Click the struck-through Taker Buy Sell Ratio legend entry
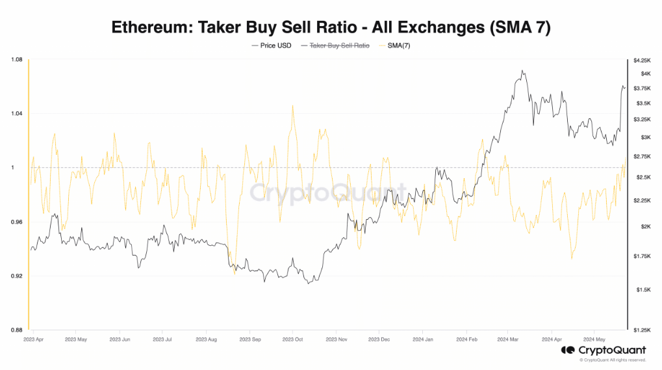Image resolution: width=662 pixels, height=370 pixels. point(339,46)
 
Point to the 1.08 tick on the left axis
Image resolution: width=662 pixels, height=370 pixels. point(17,60)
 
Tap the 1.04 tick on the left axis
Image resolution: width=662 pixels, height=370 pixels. point(17,114)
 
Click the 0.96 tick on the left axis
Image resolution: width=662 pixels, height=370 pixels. point(17,222)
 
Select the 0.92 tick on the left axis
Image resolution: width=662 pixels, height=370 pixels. point(17,276)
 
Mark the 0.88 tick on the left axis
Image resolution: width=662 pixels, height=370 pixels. point(17,330)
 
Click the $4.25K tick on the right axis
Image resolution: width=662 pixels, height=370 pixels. point(641,60)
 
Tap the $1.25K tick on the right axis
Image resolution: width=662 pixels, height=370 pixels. point(641,330)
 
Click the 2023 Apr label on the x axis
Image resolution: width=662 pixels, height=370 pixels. point(34,339)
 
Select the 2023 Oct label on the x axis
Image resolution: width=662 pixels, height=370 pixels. point(294,339)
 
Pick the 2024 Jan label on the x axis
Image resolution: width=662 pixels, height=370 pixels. point(423,339)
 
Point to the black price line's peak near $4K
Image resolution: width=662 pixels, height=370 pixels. point(522,71)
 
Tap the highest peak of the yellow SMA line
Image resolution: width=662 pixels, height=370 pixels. point(293,105)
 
